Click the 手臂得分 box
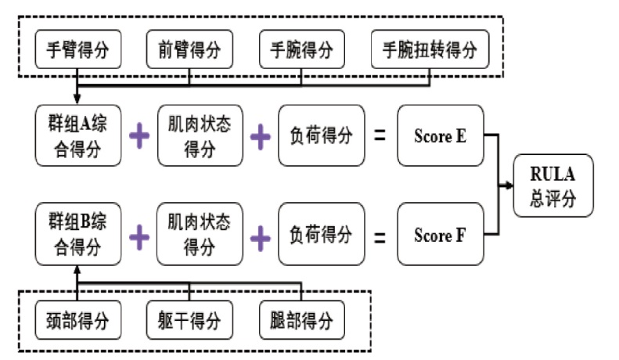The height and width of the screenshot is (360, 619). (x=78, y=49)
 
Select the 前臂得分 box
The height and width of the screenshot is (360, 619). (x=189, y=49)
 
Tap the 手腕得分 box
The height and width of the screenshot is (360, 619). (x=302, y=49)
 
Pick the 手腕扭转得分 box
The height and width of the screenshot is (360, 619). (x=430, y=49)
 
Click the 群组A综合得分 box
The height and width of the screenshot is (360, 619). (x=78, y=135)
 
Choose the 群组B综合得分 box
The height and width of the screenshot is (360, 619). (x=78, y=234)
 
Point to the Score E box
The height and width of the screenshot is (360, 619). (x=441, y=135)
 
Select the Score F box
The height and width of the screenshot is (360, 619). (x=441, y=235)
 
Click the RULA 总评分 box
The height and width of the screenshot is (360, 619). (x=553, y=185)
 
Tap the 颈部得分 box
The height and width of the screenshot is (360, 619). (x=78, y=320)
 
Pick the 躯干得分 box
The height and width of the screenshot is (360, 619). (x=189, y=320)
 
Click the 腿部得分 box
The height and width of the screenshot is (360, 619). (x=302, y=320)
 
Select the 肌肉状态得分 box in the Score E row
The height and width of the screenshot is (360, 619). (x=200, y=135)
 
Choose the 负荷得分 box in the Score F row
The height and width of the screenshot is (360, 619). (x=322, y=235)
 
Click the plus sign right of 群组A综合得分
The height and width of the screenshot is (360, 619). (x=139, y=136)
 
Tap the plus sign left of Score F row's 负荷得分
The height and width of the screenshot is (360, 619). (x=261, y=238)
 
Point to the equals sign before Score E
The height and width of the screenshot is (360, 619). (x=380, y=136)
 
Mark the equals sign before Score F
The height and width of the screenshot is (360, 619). (x=380, y=237)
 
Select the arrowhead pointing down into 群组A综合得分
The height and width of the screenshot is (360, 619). (x=77, y=99)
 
